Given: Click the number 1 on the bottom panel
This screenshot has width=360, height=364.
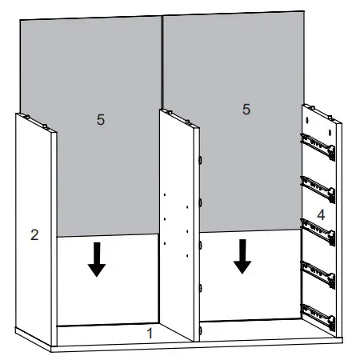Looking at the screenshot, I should coord(148,330).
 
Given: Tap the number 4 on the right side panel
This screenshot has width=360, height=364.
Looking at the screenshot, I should coord(320,214).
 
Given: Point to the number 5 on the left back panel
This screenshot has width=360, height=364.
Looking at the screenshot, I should coord(101,119).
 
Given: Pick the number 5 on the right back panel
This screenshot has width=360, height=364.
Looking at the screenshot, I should coord(246,108).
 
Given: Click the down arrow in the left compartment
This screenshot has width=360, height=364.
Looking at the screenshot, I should coord(97,259).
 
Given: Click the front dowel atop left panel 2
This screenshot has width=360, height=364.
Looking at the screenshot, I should coord(49,126).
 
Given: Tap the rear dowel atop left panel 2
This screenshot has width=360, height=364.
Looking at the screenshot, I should coord(27,116).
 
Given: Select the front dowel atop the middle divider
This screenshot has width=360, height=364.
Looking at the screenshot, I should coord(190,122).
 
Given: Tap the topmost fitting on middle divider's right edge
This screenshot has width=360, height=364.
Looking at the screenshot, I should coord(198,159).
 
